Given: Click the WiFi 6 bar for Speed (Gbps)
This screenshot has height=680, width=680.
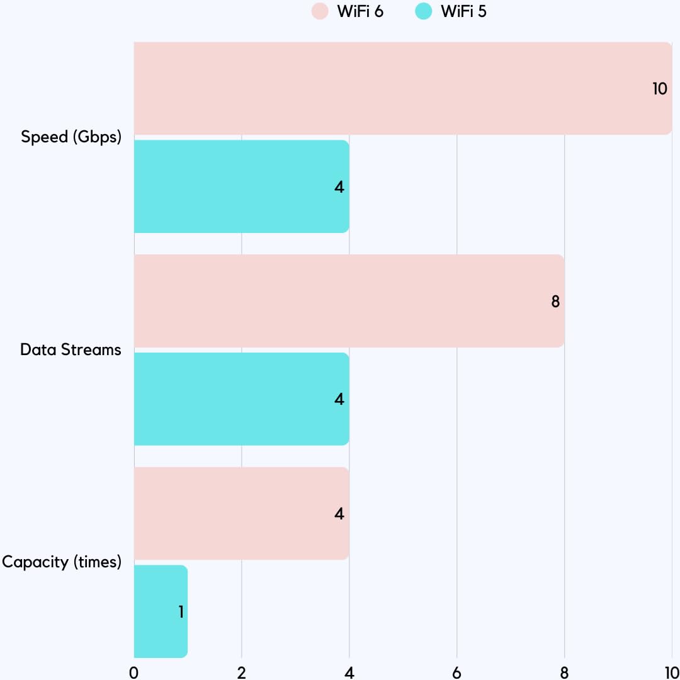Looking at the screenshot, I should [403, 88].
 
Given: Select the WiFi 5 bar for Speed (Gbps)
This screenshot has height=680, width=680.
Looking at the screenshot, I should [241, 186].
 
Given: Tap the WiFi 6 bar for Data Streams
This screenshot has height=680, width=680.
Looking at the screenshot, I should [349, 301].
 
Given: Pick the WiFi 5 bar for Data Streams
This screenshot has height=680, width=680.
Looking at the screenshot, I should [241, 399].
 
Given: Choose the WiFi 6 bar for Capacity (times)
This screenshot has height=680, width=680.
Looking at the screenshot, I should [241, 513].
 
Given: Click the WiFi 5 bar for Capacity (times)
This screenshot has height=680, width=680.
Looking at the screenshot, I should [161, 611].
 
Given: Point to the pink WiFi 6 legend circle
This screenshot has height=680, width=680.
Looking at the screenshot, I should [320, 11].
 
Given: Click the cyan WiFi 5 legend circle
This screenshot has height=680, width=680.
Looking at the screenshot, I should [424, 11].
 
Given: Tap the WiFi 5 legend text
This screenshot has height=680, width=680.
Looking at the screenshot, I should [463, 11].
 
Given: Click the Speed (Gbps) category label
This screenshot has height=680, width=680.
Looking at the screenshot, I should [71, 137].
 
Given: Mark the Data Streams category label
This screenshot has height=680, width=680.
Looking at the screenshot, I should [71, 350].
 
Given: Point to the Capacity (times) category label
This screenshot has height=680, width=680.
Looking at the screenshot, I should [62, 562].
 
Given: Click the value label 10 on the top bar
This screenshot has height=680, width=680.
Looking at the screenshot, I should [659, 89].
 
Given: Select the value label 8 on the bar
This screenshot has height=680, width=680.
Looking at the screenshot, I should [555, 302].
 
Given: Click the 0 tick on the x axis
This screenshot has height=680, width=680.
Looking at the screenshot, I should [134, 672].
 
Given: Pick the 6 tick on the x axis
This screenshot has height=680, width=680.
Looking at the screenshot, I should [456, 672].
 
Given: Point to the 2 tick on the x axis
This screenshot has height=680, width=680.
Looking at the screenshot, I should [242, 672].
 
